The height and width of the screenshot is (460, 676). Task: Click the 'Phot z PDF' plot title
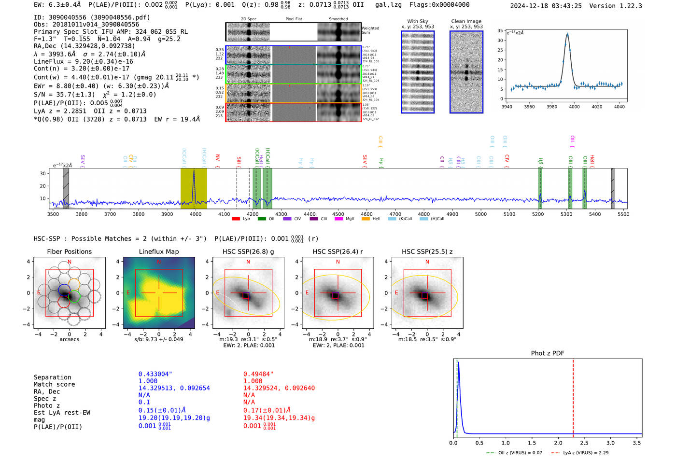548,353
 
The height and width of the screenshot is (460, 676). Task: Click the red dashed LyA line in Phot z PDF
573,396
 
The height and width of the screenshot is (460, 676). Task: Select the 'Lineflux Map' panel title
159,251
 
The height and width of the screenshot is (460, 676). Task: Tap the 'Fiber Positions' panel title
70,251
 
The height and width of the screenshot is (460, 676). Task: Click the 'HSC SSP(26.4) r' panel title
338,251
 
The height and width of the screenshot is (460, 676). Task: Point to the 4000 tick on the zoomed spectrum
574,107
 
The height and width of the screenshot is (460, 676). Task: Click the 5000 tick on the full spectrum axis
481,214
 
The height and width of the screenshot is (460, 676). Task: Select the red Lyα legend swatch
236,219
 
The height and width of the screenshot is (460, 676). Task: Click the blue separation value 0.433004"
155,374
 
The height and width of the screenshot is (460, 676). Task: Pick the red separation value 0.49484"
258,374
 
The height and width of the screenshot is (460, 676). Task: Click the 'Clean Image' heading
466,21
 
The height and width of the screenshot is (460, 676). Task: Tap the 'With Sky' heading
418,21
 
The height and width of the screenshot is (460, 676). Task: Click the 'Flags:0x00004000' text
439,5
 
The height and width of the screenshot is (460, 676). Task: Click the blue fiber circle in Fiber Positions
65,290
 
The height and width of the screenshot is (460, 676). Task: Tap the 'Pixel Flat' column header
294,19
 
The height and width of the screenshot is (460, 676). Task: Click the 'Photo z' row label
45,405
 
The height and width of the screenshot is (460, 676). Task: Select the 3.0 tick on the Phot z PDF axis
610,443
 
